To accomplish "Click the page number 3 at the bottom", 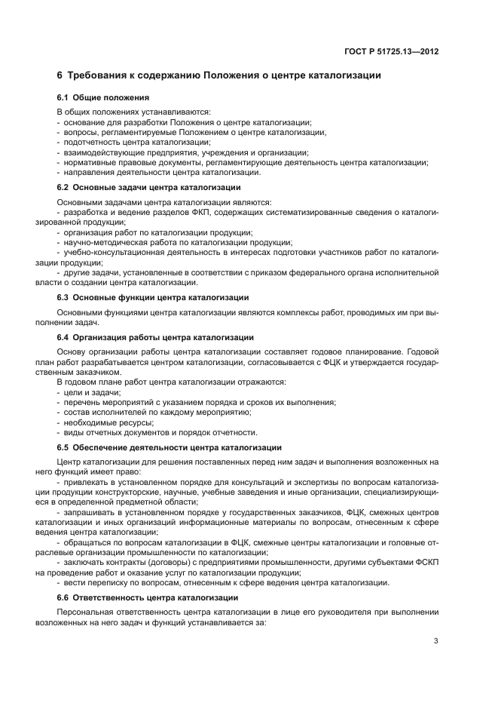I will [436, 641].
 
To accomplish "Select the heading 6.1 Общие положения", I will [103, 98].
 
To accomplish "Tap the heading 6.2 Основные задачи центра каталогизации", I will [149, 187].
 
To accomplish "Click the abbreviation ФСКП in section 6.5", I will [424, 562].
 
